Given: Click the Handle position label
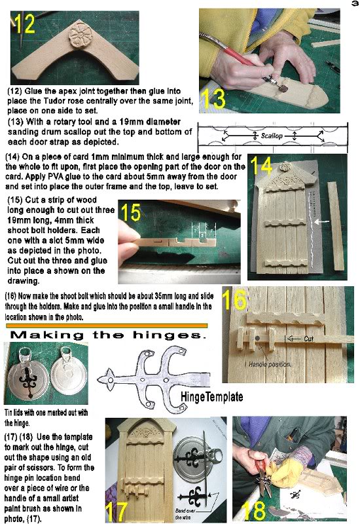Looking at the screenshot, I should tap(263, 364).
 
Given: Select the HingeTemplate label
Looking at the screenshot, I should tap(210, 397).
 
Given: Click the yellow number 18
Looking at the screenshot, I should tap(253, 508).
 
